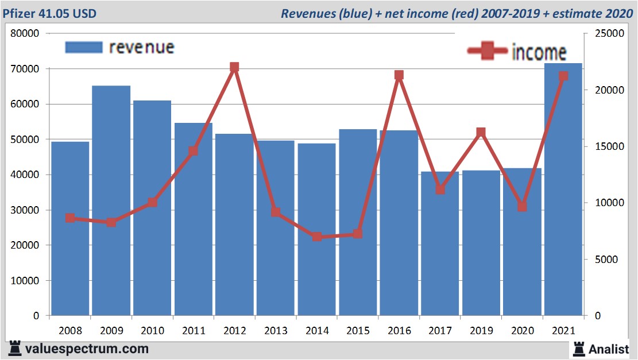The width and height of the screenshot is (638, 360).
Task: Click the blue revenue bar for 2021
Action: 563,189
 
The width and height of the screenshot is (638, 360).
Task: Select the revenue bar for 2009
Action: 111,201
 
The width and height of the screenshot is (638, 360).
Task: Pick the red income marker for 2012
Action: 234,67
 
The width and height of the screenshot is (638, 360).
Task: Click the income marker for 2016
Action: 399,75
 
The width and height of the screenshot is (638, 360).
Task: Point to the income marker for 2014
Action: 317,237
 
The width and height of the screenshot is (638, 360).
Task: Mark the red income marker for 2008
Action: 70,218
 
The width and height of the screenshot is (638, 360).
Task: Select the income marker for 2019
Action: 481,133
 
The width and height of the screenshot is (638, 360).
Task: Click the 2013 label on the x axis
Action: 276,331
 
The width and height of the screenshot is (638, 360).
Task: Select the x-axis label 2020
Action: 522,331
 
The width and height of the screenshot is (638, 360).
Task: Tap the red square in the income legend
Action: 488,51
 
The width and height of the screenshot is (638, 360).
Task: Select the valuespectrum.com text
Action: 87,349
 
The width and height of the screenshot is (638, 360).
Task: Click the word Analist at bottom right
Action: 610,349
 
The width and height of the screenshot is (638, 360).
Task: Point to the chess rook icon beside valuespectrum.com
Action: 14,348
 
